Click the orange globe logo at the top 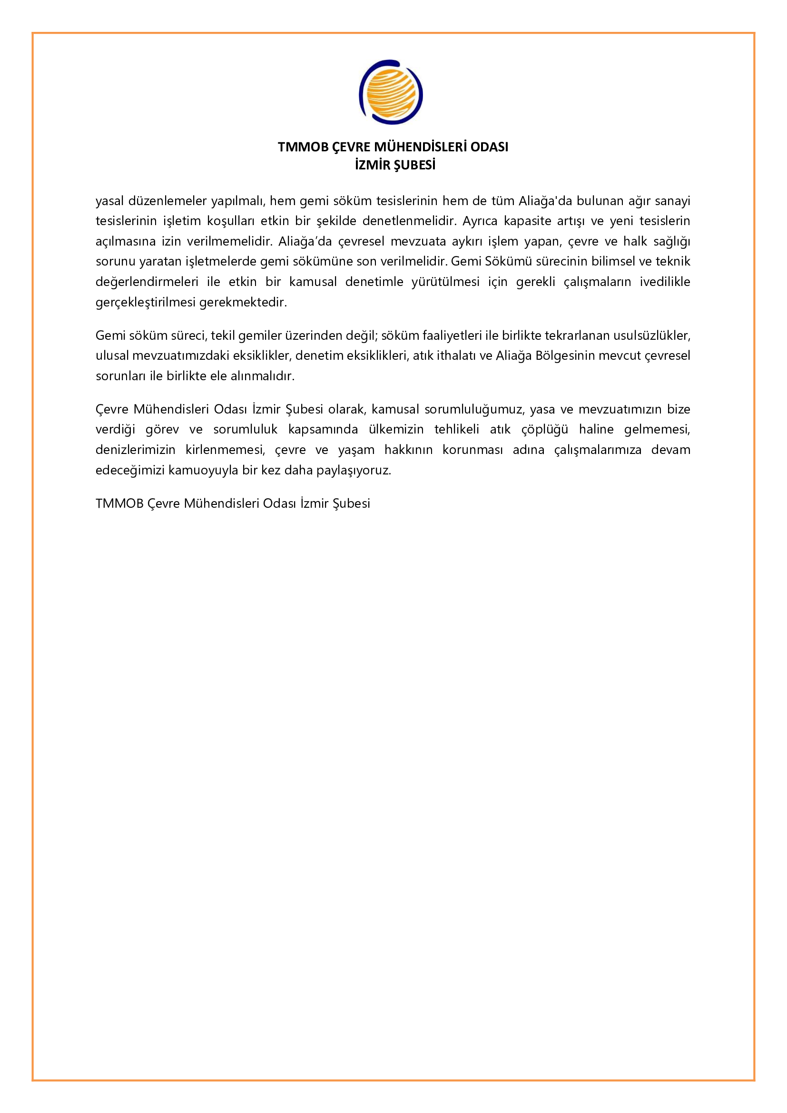click(391, 92)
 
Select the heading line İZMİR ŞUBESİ click(395, 165)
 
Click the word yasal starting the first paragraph click(109, 201)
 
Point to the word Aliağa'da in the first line click(546, 201)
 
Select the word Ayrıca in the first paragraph click(480, 221)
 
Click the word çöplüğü click(544, 430)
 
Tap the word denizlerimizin click(135, 450)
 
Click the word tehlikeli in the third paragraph click(457, 430)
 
